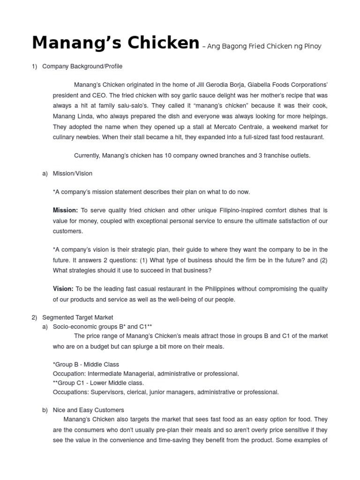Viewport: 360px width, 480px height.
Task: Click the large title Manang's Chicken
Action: click(x=115, y=43)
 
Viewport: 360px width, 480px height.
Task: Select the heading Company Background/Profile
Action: click(x=82, y=67)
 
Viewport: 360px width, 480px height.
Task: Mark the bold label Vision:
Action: click(x=63, y=289)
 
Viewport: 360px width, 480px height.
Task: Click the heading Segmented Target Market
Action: click(x=77, y=317)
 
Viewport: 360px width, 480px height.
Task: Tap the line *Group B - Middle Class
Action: click(x=86, y=364)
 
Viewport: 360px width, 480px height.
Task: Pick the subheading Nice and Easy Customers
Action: click(x=88, y=410)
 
